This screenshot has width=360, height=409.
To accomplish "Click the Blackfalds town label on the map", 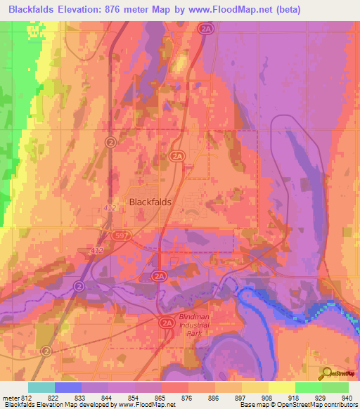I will click(150, 201).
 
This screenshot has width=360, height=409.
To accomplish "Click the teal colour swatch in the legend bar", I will click(41, 387).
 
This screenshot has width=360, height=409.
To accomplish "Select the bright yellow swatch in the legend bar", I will click(282, 387).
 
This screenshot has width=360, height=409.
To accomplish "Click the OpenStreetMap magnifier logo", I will click(326, 375).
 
